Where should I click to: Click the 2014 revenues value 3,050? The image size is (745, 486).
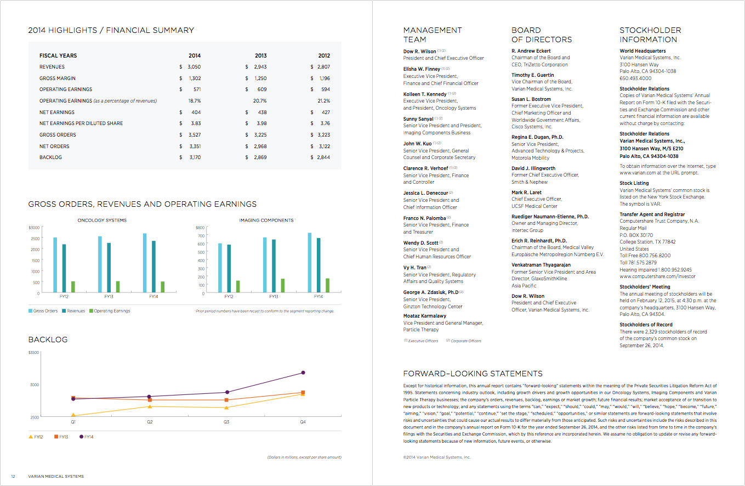[x=194, y=67]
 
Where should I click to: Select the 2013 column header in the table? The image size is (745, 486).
[x=260, y=55]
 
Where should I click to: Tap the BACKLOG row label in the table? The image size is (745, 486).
[x=50, y=157]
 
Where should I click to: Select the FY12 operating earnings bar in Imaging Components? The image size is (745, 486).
[x=238, y=287]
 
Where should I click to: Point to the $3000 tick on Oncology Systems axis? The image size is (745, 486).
[x=33, y=227]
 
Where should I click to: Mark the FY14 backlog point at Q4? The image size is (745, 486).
[x=303, y=373]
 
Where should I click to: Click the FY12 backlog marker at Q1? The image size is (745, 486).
[x=73, y=416]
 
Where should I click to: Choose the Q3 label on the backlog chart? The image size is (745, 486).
[x=226, y=422]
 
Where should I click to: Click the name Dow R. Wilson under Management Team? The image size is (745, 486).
[x=420, y=51]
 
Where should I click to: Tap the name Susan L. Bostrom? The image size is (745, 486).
[x=531, y=99]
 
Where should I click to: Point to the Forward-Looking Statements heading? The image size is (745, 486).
[x=473, y=374]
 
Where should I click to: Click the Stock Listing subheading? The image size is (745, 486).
[x=634, y=183]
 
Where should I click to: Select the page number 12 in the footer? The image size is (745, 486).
[x=13, y=476]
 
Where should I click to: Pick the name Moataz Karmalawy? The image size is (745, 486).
[x=425, y=316]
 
